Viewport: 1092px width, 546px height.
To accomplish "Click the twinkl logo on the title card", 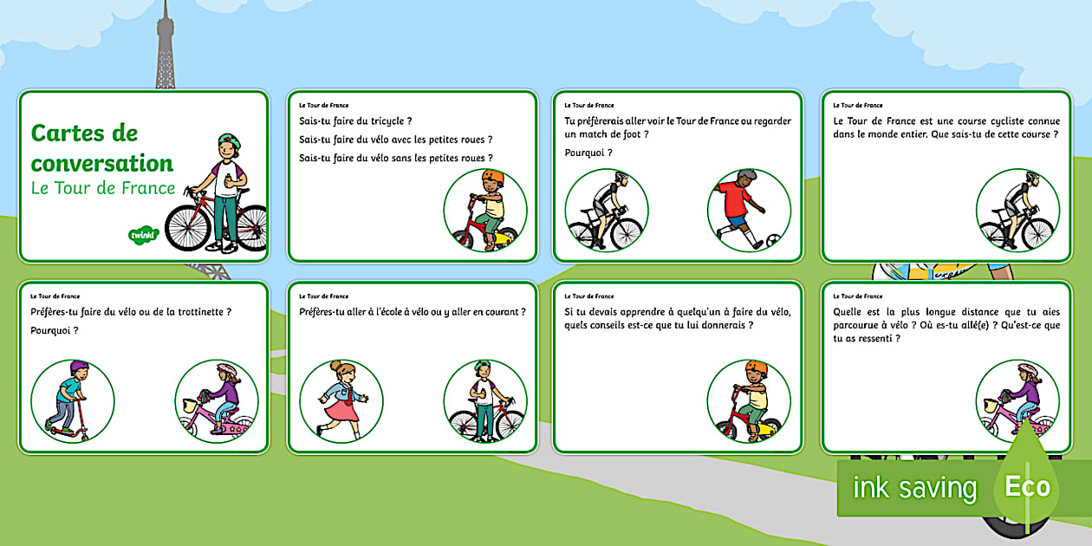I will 140,235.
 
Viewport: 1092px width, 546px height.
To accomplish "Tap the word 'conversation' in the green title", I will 102,163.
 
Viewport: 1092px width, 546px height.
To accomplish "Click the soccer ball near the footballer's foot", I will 771,238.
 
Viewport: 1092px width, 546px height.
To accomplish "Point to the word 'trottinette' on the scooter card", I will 197,312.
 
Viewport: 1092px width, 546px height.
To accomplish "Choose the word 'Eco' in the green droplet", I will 1027,486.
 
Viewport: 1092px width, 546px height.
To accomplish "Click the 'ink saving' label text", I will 914,488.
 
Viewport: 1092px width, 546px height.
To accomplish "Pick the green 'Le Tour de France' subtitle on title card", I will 102,188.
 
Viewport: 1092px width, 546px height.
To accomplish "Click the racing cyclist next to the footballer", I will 606,211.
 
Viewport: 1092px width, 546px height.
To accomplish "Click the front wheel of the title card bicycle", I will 186,227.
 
